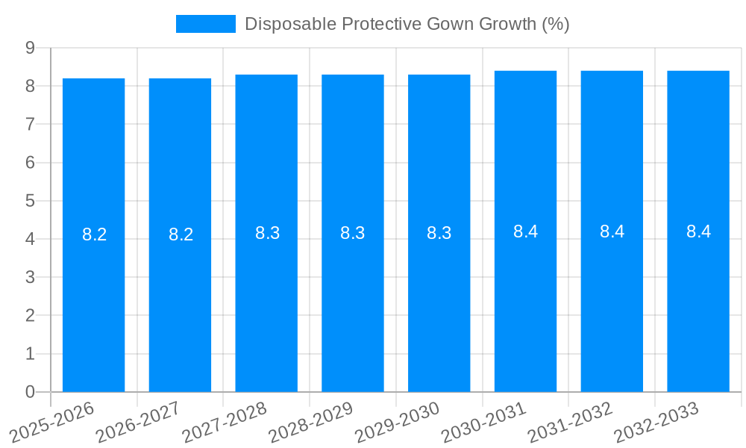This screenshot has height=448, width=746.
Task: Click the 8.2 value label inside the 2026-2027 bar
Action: [181, 234]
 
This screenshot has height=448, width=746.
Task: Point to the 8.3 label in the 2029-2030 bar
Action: [439, 233]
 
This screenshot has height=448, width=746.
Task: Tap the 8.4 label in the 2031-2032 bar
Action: [612, 231]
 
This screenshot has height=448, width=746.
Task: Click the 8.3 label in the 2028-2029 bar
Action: [352, 233]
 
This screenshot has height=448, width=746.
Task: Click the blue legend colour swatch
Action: [205, 24]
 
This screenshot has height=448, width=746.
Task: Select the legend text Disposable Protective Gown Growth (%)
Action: [407, 24]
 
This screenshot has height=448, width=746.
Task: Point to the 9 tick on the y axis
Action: [31, 48]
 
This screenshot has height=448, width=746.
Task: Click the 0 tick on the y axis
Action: [31, 392]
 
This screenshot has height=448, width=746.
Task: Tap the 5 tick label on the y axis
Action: [31, 201]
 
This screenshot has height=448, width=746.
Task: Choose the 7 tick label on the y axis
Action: [31, 124]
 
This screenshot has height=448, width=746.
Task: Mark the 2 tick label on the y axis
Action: [31, 316]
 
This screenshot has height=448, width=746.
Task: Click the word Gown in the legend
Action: [451, 24]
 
